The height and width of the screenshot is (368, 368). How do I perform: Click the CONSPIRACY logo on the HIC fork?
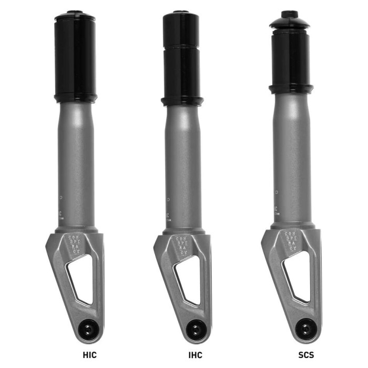click(75, 245)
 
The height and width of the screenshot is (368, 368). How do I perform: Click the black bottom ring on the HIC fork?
click(76, 98)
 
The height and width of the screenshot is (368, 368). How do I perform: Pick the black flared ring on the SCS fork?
click(291, 88)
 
